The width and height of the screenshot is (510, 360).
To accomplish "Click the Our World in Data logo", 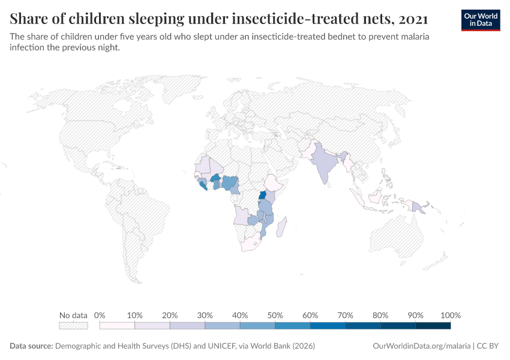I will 481,20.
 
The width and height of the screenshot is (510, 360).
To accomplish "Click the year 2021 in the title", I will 412,19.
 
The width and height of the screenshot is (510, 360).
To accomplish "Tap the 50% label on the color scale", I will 275,315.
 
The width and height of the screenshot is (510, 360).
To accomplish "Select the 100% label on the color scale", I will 451,315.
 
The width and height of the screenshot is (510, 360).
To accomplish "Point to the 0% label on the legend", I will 100,315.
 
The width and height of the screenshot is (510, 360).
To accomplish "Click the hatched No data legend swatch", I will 73,326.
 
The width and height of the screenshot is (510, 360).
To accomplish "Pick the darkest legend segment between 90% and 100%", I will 433,326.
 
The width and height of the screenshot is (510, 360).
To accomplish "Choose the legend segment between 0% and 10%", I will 117,326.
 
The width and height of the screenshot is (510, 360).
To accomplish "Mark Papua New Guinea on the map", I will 418,207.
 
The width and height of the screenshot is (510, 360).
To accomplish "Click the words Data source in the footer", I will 31,346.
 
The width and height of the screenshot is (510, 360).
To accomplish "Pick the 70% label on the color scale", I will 345,315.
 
